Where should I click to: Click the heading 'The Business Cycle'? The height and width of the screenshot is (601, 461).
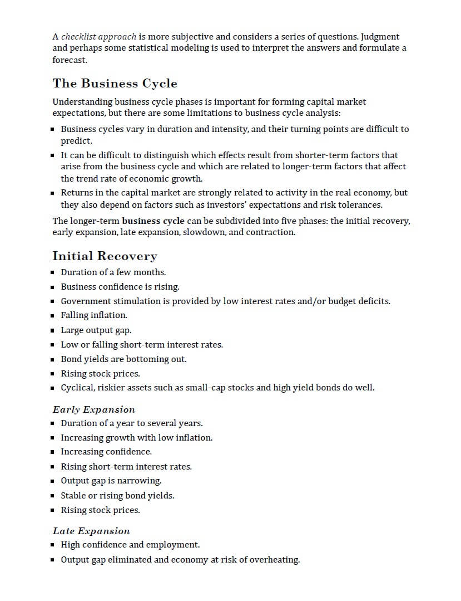click(x=115, y=84)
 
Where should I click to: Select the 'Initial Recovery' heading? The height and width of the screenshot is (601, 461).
click(x=105, y=256)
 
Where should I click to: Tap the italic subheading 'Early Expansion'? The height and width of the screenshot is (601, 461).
click(x=93, y=409)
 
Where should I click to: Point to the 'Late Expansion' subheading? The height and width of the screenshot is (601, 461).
click(x=91, y=531)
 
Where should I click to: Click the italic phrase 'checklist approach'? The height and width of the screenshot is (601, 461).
click(x=98, y=37)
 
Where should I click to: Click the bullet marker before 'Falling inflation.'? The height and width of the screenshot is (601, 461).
click(x=52, y=316)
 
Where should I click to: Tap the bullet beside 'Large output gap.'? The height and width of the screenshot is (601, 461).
click(x=52, y=330)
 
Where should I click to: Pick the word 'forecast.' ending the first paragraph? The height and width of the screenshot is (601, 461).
click(x=70, y=59)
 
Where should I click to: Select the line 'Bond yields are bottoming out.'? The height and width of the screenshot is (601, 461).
click(x=123, y=359)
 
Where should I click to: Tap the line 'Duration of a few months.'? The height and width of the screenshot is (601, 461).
click(x=113, y=272)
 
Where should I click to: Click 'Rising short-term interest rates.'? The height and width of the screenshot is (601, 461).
click(x=126, y=467)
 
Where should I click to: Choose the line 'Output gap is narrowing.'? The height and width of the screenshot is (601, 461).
click(x=111, y=481)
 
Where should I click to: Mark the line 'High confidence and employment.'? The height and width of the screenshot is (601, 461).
click(x=130, y=545)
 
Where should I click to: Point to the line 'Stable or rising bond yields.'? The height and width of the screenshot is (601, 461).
click(x=117, y=496)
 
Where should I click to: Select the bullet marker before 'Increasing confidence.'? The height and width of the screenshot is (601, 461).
click(x=52, y=452)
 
